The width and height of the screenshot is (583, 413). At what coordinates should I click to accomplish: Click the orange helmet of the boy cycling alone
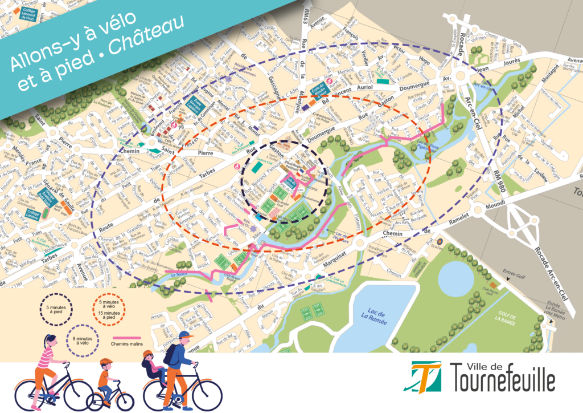[106, 362]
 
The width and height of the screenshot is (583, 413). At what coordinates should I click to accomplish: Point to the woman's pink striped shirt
[46, 358]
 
